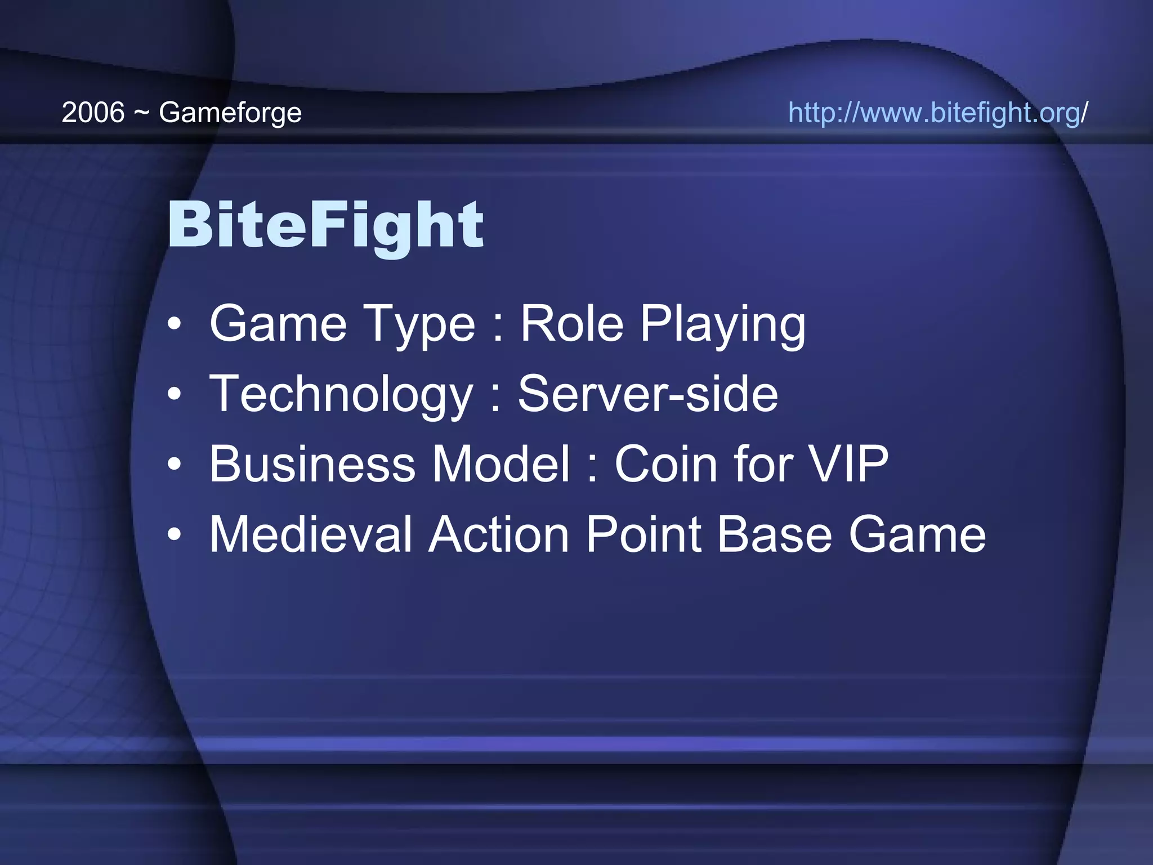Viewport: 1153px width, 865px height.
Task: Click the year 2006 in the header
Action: point(93,113)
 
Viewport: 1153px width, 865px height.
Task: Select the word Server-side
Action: point(648,394)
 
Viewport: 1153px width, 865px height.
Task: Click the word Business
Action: point(312,464)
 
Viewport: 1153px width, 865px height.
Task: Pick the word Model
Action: point(502,464)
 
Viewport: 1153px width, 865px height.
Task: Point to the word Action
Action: point(499,534)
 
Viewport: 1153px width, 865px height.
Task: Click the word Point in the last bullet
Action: point(643,534)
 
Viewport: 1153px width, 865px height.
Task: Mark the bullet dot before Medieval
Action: point(175,534)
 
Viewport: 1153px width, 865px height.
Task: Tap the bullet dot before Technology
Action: point(175,394)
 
